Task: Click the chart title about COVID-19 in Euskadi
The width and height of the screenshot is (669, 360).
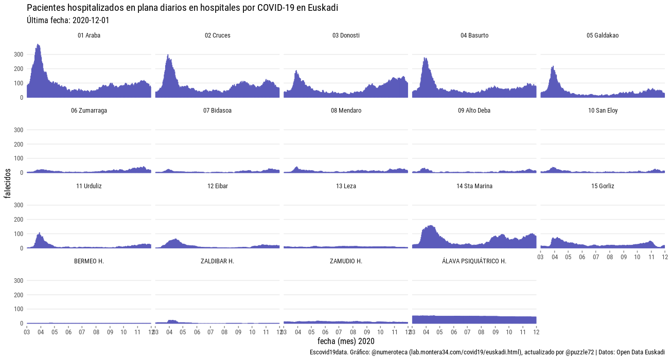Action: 182,8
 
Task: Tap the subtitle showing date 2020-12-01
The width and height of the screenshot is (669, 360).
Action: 67,21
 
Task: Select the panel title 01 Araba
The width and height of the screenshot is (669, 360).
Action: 89,35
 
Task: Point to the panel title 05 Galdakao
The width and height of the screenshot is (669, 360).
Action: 603,35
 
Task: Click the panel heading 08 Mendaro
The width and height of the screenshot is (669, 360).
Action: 346,111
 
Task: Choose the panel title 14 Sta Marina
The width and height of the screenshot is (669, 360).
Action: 474,186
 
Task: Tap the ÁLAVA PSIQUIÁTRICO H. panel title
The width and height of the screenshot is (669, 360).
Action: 474,261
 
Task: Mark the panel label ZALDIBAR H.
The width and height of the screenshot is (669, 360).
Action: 217,261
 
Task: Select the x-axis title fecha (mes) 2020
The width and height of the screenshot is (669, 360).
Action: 346,341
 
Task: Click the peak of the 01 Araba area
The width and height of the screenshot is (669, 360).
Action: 38,45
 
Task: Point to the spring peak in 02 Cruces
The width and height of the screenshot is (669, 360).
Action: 168,55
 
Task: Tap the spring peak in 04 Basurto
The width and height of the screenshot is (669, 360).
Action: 426,58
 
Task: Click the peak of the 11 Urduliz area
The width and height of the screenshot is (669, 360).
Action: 40,233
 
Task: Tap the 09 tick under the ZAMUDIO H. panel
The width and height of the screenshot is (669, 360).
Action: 367,332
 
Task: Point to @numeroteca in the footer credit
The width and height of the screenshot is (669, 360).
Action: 389,352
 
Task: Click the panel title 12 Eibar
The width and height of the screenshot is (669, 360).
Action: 217,186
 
